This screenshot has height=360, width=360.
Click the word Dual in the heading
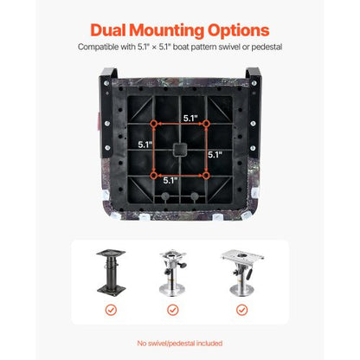108,30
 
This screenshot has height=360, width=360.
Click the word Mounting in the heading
166,31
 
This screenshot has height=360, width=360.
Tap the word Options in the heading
239,31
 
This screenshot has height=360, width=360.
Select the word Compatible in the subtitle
98,47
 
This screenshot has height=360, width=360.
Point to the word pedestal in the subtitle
267,47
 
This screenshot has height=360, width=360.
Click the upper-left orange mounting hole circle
154,124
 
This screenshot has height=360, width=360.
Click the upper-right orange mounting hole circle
206,124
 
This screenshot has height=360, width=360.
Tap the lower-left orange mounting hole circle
154,176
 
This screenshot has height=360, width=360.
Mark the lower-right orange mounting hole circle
206,176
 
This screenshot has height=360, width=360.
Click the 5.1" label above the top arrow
190,118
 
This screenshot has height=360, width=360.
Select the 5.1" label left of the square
145,145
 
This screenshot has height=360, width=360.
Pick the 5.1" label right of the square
215,155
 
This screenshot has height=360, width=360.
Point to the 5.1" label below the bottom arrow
170,181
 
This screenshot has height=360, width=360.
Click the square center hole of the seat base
180,150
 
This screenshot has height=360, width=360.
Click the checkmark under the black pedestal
111,310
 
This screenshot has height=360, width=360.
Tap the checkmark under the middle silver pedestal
173,310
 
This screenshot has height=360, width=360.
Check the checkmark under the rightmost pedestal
241,310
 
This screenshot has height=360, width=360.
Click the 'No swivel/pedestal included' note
180,344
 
